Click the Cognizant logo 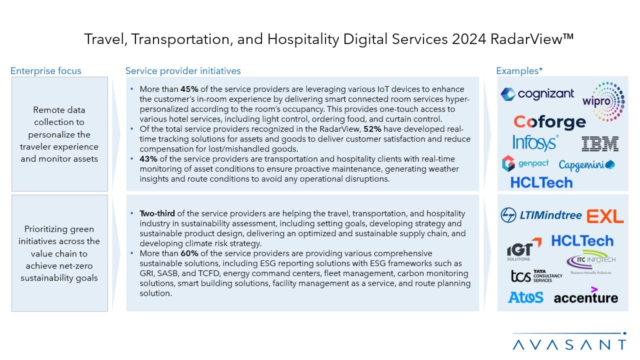pyautogui.click(x=537, y=94)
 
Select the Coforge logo pyautogui.click(x=549, y=122)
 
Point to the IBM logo pyautogui.click(x=600, y=144)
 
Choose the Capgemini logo pyautogui.click(x=586, y=165)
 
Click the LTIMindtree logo pyautogui.click(x=541, y=215)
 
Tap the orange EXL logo pyautogui.click(x=605, y=216)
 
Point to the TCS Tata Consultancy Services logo pyautogui.click(x=536, y=275)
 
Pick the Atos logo pyautogui.click(x=525, y=297)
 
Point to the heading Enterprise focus pyautogui.click(x=46, y=71)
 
